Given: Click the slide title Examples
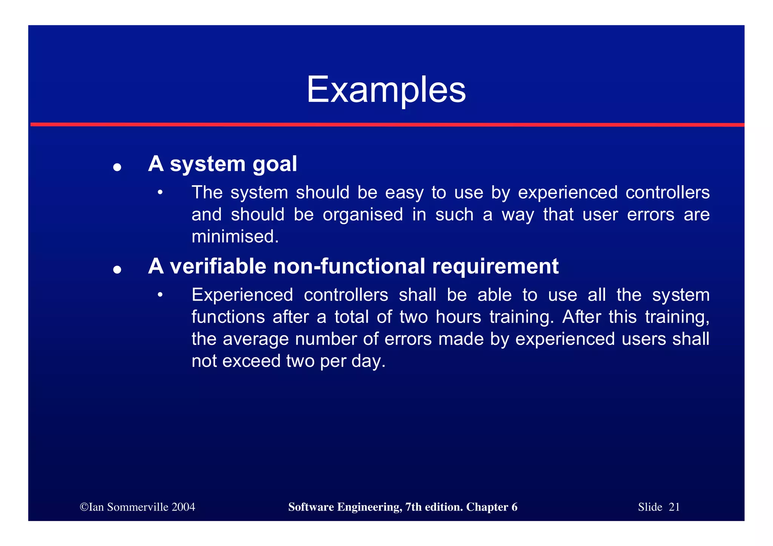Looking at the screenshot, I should [x=386, y=90].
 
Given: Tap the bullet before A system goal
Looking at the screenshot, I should [x=117, y=167].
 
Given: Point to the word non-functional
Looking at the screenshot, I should [x=349, y=266].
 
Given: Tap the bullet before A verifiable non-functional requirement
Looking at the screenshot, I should [x=117, y=269].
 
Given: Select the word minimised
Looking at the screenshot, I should [x=235, y=237].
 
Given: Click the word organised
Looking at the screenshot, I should [x=363, y=215].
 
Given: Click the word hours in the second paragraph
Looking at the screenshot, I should [x=458, y=317].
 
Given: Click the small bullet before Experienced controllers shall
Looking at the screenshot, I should [x=160, y=295].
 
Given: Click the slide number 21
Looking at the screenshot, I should [x=674, y=507].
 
